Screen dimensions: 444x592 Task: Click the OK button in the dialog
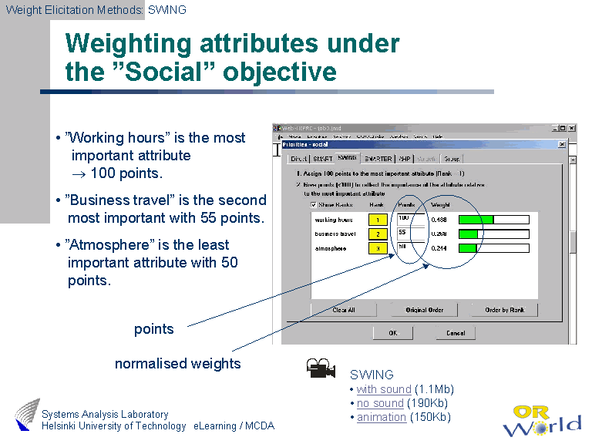392,333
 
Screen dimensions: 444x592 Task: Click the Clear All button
344,310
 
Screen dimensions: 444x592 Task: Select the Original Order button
425,310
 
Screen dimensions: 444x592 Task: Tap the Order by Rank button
505,310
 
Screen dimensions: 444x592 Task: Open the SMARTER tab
378,159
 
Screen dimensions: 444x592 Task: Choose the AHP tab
404,159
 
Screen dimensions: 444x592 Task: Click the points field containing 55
409,233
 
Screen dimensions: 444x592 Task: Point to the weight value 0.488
440,220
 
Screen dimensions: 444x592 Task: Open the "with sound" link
384,389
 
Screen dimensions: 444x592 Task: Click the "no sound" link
380,403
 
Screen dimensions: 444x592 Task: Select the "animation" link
382,417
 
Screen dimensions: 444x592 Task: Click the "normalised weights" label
178,364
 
